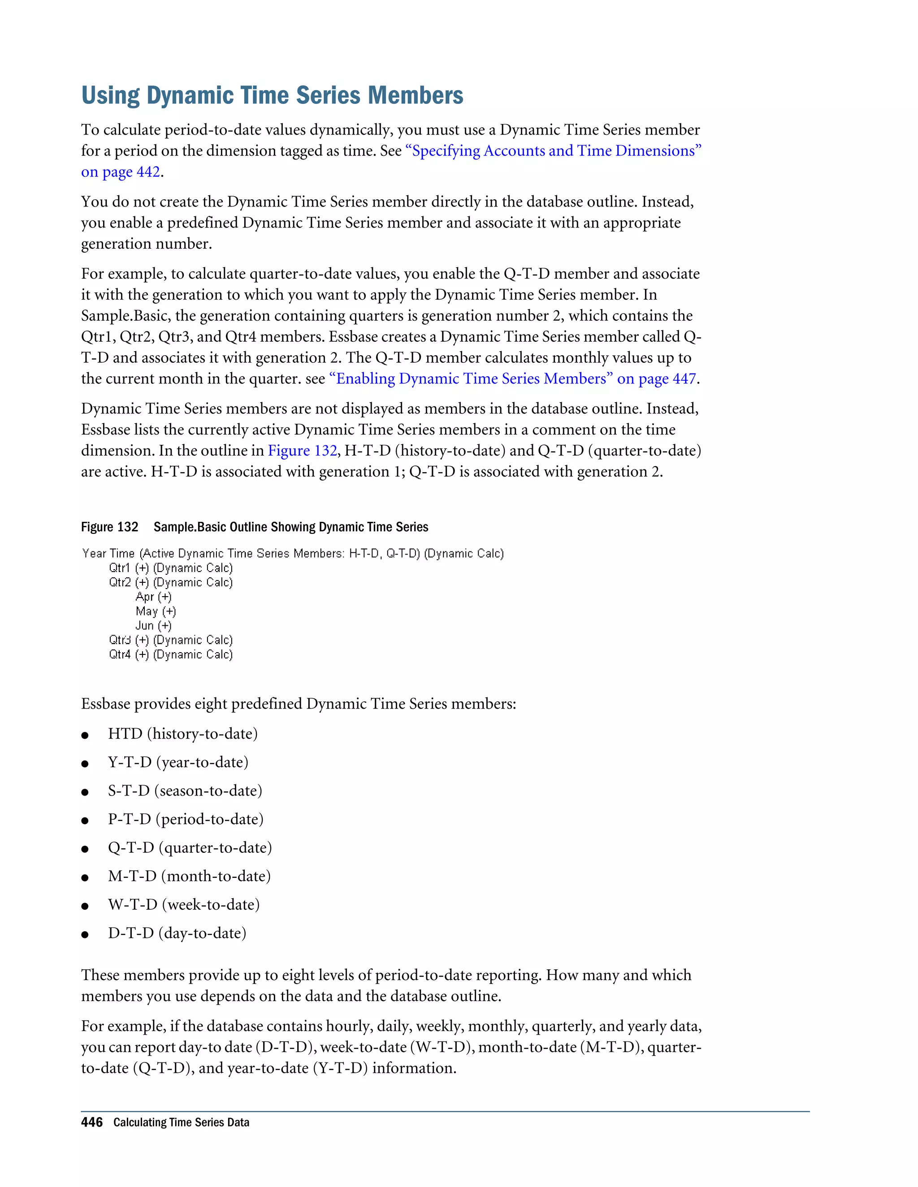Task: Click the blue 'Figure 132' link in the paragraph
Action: click(x=303, y=451)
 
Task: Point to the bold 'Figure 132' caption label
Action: click(x=109, y=527)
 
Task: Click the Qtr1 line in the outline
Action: click(x=171, y=568)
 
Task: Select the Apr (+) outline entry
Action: click(x=153, y=597)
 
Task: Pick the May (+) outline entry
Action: click(x=156, y=611)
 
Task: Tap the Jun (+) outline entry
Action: click(x=153, y=626)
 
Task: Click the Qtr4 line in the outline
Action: click(x=171, y=654)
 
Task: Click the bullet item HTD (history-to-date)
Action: click(x=183, y=734)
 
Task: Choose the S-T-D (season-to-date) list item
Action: click(x=185, y=791)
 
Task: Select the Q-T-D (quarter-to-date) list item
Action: click(x=190, y=848)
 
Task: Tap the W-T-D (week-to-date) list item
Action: click(x=184, y=905)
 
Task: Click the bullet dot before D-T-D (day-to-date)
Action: click(x=85, y=935)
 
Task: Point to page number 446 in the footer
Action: click(x=91, y=1122)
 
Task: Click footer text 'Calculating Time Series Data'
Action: click(x=181, y=1122)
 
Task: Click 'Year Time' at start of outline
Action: click(x=108, y=553)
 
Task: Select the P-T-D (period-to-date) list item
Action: click(x=186, y=819)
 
